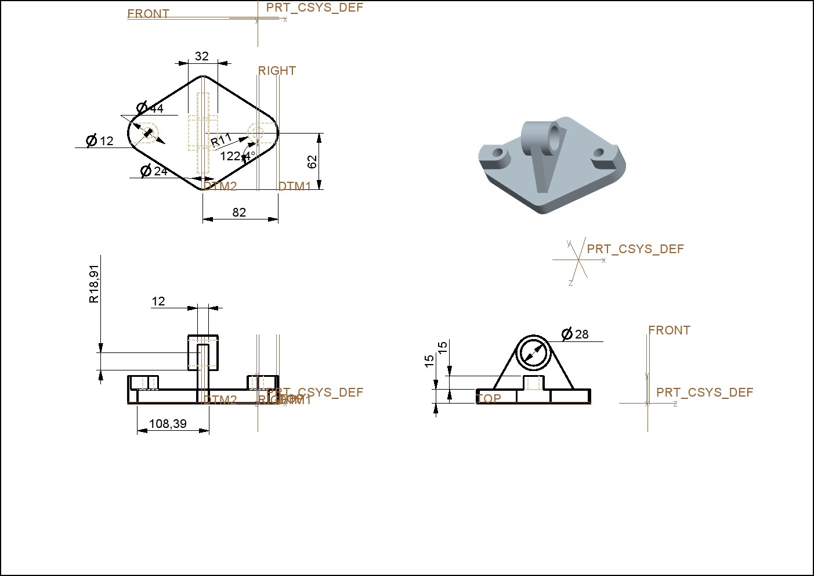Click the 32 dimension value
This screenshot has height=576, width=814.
point(201,56)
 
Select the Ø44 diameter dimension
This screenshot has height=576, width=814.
point(150,108)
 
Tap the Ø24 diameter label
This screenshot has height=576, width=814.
point(154,171)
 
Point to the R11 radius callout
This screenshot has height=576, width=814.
point(221,141)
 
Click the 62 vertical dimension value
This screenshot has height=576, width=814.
point(312,161)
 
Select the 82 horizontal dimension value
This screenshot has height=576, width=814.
point(239,213)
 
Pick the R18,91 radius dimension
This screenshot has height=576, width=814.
point(94,283)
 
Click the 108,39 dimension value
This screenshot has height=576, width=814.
point(168,424)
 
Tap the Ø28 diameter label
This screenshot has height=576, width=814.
point(576,334)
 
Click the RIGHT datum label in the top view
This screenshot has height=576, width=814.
point(277,71)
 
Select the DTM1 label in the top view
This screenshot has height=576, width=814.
point(295,186)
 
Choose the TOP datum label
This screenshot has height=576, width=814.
point(489,399)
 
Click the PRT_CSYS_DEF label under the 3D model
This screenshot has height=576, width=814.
point(635,249)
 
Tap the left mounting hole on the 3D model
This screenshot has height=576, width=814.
point(498,154)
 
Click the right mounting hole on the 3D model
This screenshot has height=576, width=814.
point(599,154)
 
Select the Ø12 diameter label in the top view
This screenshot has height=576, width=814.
point(100,141)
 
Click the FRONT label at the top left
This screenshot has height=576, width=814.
point(148,14)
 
